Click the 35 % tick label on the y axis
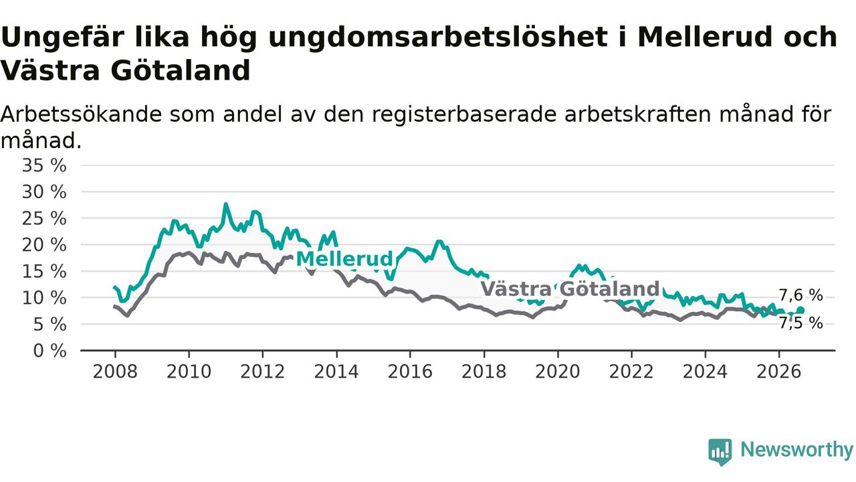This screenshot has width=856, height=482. [44, 166]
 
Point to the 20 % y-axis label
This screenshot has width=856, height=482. [44, 245]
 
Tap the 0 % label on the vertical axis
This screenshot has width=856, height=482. [50, 351]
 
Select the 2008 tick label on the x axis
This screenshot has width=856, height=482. [115, 372]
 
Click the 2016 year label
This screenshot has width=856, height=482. [410, 372]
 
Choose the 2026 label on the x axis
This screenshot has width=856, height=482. [779, 372]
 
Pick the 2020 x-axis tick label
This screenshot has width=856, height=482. [558, 372]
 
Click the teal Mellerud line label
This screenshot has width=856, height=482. [344, 259]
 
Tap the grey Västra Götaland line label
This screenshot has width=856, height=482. [570, 289]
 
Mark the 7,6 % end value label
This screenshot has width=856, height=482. [801, 295]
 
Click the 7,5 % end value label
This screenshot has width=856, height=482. [801, 323]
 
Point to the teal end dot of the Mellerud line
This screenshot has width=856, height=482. [800, 310]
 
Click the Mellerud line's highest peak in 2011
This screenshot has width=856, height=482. [225, 204]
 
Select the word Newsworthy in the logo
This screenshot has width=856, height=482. [797, 449]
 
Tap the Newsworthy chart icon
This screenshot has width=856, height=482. [720, 452]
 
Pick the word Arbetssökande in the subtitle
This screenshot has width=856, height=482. [81, 114]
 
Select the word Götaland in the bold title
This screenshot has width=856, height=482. [181, 71]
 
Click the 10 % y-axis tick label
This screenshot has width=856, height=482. [44, 298]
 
